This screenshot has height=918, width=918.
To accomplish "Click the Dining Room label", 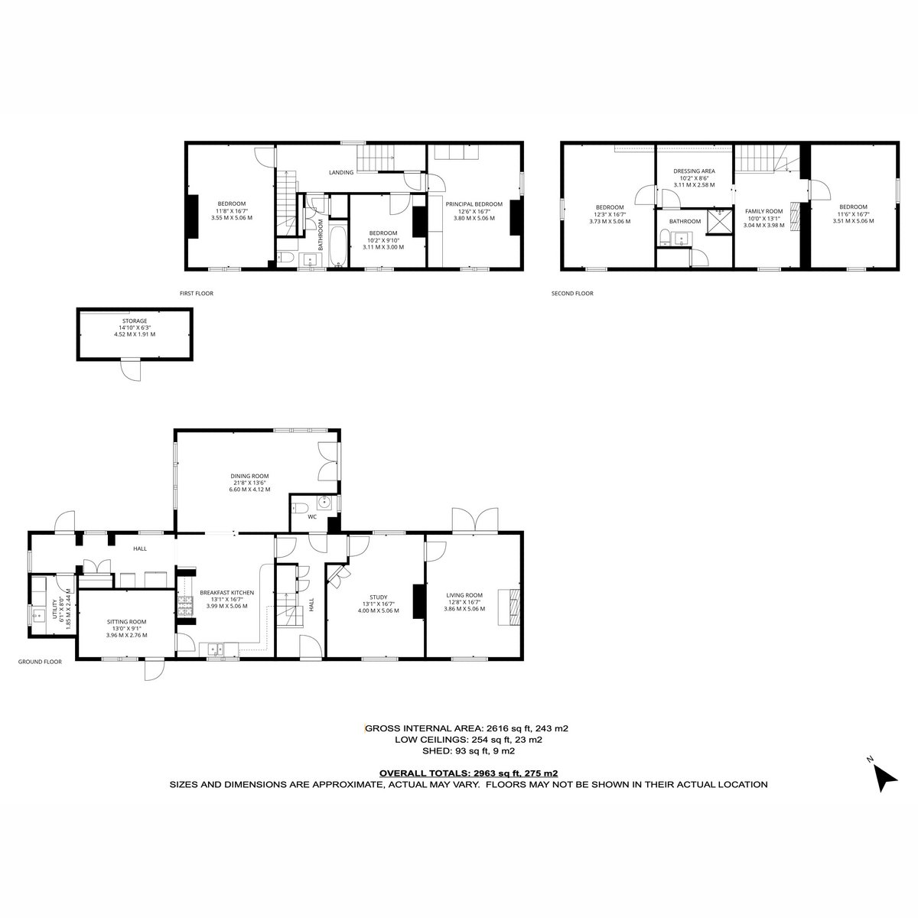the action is click(249, 475).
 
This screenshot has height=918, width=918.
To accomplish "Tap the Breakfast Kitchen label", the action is click(226, 592).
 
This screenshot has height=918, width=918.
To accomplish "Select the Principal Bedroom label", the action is click(474, 204).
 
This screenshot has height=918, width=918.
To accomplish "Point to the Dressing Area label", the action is click(694, 171).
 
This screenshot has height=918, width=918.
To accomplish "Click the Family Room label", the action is click(763, 211).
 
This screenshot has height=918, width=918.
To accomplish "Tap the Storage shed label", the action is click(135, 321).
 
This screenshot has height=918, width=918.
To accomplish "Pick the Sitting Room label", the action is click(126, 621).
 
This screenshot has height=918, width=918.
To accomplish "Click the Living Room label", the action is click(464, 594).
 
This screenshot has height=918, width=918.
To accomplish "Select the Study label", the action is click(378, 597).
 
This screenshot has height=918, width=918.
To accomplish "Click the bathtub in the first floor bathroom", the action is click(338, 246).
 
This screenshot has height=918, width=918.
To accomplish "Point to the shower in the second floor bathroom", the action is click(718, 222).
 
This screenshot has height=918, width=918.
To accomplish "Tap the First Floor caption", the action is click(197, 294).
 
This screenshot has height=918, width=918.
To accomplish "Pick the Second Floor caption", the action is click(572, 294).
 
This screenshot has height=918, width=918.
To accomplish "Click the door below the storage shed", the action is click(131, 370).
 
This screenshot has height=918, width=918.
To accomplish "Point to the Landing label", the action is click(341, 172).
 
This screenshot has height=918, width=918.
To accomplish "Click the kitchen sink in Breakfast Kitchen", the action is click(217, 649).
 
